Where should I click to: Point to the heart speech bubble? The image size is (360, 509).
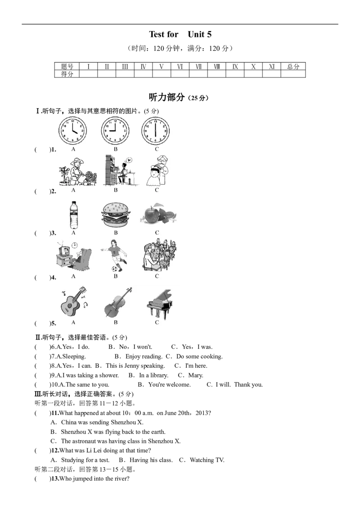click(129, 160)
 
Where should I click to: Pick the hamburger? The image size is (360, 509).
click(115, 215)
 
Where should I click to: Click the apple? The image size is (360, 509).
click(152, 214)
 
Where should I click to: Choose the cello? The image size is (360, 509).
click(116, 304)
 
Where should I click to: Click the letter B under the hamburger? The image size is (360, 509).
click(116, 233)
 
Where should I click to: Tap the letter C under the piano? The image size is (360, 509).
click(157, 322)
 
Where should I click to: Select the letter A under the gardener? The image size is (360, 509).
click(74, 190)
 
